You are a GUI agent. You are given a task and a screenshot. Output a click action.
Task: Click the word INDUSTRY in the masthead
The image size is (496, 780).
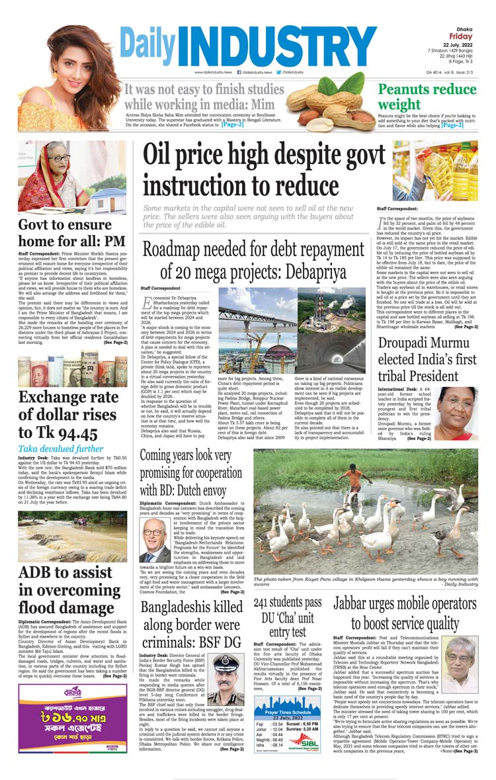(x=278, y=45)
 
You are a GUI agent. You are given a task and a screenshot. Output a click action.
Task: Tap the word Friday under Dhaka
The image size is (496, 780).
(x=461, y=36)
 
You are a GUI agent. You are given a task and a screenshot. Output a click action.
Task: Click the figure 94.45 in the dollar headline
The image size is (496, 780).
(x=78, y=433)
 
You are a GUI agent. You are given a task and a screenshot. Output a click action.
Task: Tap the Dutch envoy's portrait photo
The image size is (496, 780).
(x=155, y=539)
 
